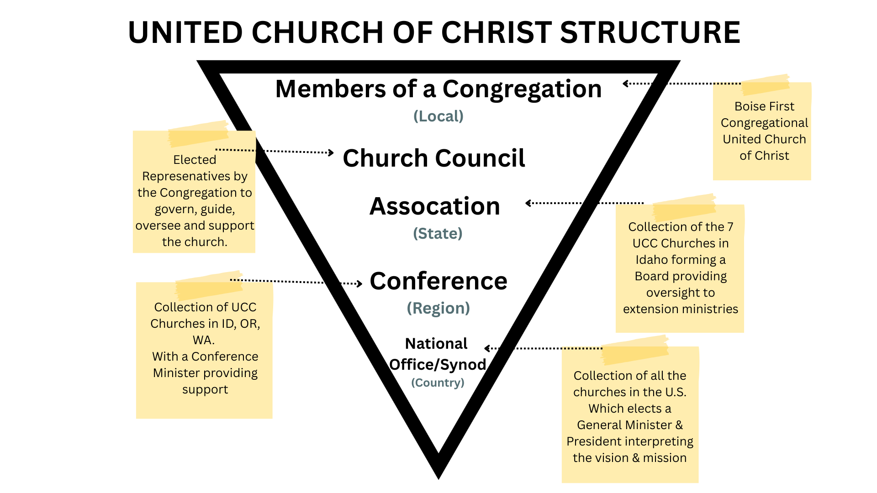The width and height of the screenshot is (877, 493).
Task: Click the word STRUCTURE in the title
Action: (x=650, y=33)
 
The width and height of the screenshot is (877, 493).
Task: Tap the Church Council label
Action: (x=434, y=158)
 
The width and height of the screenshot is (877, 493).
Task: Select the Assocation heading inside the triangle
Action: (x=435, y=206)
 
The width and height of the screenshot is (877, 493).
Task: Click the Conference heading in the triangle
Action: (x=438, y=281)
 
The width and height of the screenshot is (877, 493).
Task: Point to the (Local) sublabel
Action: (x=438, y=116)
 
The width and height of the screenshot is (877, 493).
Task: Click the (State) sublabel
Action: (x=438, y=234)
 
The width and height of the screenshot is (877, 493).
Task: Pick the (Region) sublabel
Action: (x=438, y=308)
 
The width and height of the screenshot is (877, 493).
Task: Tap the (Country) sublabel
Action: (x=438, y=383)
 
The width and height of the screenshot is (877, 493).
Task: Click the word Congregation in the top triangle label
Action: (x=522, y=89)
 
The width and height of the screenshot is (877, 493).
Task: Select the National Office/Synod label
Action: (x=437, y=354)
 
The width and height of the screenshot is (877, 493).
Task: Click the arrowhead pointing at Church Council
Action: (x=331, y=152)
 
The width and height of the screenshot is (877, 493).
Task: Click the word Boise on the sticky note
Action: (x=749, y=106)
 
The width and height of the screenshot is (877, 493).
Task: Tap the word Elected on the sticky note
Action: (x=195, y=160)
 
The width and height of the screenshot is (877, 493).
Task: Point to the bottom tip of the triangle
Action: (x=438, y=475)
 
